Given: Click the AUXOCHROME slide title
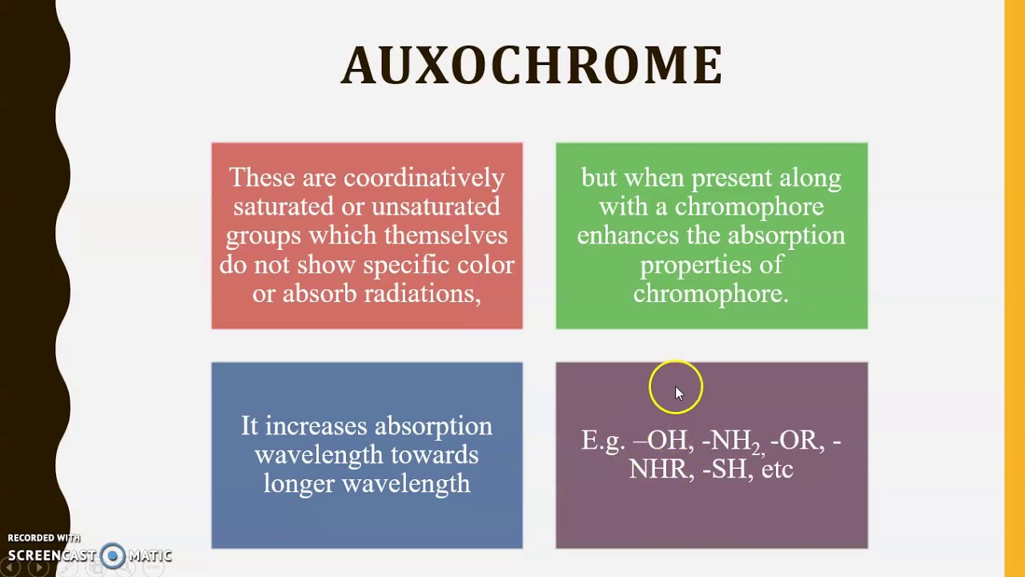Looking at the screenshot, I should [x=532, y=66].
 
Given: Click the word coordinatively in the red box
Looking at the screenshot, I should [x=424, y=178].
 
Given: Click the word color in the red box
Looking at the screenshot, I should [x=485, y=265].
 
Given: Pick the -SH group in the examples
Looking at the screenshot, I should [x=725, y=470].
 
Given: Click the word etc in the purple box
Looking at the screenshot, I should [x=777, y=470].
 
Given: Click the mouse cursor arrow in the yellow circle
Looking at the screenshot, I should [x=678, y=393].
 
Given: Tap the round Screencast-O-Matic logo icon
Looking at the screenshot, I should [x=113, y=555].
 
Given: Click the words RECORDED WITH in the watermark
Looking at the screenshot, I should [x=44, y=538].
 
